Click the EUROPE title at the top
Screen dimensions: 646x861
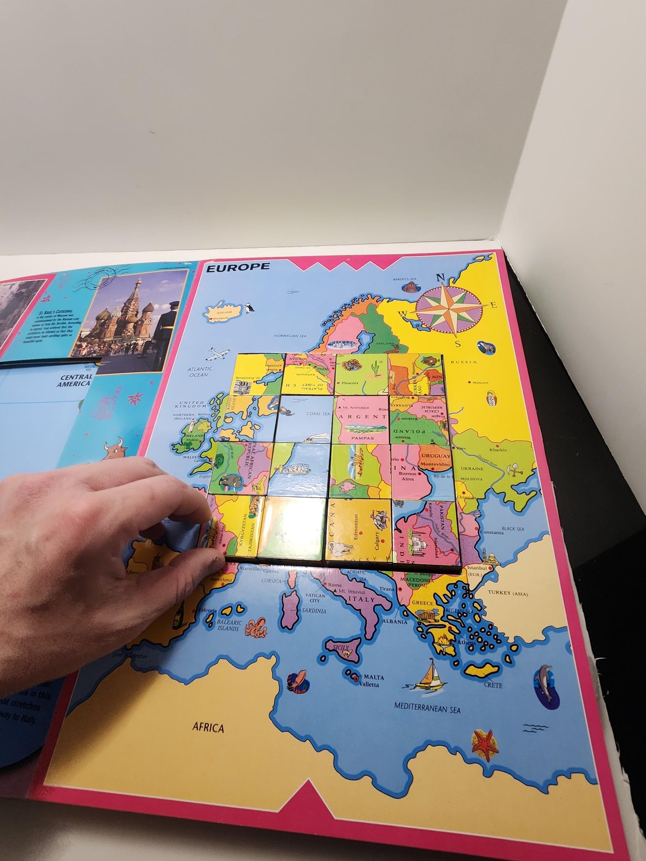237,267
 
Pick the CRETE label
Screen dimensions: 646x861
493,685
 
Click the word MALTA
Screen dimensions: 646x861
374,677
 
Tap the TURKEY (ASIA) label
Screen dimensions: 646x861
507,593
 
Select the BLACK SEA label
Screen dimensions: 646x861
513,529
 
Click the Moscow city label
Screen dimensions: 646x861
480,382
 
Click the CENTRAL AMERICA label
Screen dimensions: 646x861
74,380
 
